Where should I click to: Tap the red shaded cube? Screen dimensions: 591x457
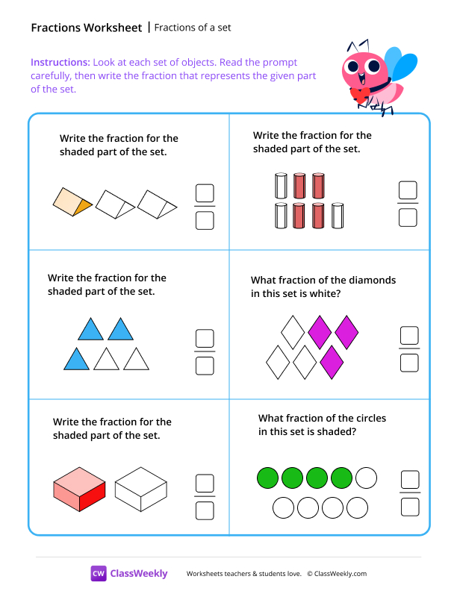79,489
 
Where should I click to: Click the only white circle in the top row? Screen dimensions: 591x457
366,478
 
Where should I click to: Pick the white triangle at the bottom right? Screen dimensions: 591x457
136,360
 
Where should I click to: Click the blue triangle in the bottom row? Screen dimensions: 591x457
76,360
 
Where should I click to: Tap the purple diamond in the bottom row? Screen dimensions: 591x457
332,363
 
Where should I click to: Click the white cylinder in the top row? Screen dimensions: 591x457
281,186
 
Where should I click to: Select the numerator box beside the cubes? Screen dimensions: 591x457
204,483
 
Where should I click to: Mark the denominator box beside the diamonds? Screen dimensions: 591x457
408,362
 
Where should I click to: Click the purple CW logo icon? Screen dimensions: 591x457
99,573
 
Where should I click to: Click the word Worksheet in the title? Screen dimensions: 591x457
113,28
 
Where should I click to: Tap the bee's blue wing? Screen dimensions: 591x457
405,66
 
